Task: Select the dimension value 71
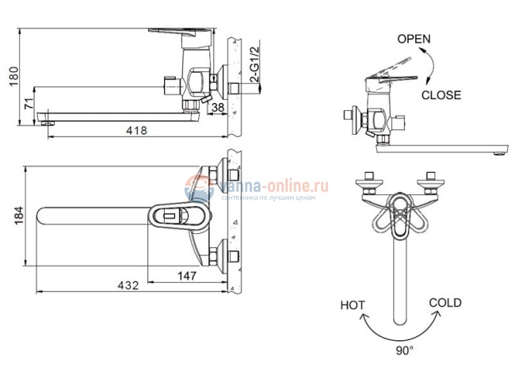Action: [x=29, y=103]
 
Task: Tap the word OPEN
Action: [x=414, y=38]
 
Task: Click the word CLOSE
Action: [x=441, y=94]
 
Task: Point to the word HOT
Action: [x=353, y=304]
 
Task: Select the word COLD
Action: [x=444, y=302]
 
